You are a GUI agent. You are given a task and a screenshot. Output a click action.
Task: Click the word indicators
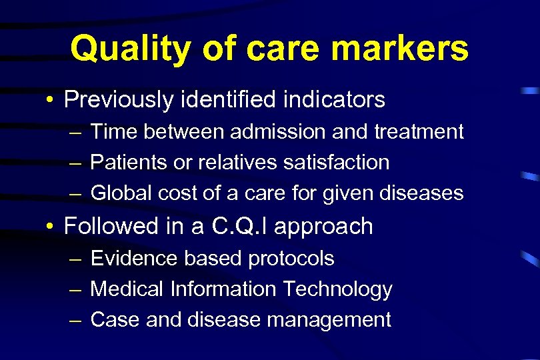point(334,100)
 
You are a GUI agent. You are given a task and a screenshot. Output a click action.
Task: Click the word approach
point(323,227)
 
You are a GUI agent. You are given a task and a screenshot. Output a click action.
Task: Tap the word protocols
point(291,259)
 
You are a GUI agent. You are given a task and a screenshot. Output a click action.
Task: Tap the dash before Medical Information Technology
point(75,290)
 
